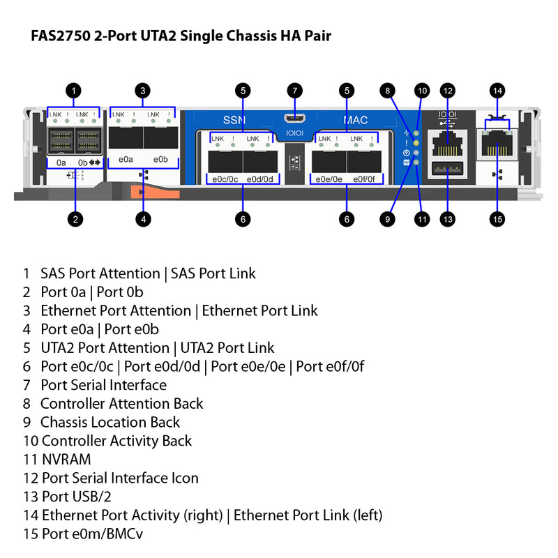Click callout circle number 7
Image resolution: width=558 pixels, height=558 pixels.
[x=295, y=90]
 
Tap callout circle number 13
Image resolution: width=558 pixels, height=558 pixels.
[x=448, y=219]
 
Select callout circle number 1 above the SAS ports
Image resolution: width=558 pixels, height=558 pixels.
[x=75, y=90]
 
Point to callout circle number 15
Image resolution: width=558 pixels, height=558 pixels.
[x=497, y=219]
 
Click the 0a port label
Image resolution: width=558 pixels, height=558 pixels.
[x=61, y=163]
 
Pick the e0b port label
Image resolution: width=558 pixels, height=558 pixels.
[x=160, y=159]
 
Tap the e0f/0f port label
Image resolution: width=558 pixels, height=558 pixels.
[x=364, y=179]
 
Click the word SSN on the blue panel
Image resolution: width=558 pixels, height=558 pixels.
[x=234, y=120]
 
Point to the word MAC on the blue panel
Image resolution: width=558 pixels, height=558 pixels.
[x=356, y=120]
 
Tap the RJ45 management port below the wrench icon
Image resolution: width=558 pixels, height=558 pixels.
[x=497, y=145]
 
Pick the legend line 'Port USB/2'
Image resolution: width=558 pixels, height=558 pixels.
[x=77, y=497]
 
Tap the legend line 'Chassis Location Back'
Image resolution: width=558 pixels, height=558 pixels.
[x=110, y=422]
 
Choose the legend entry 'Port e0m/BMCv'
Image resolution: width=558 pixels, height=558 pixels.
[x=93, y=534]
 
